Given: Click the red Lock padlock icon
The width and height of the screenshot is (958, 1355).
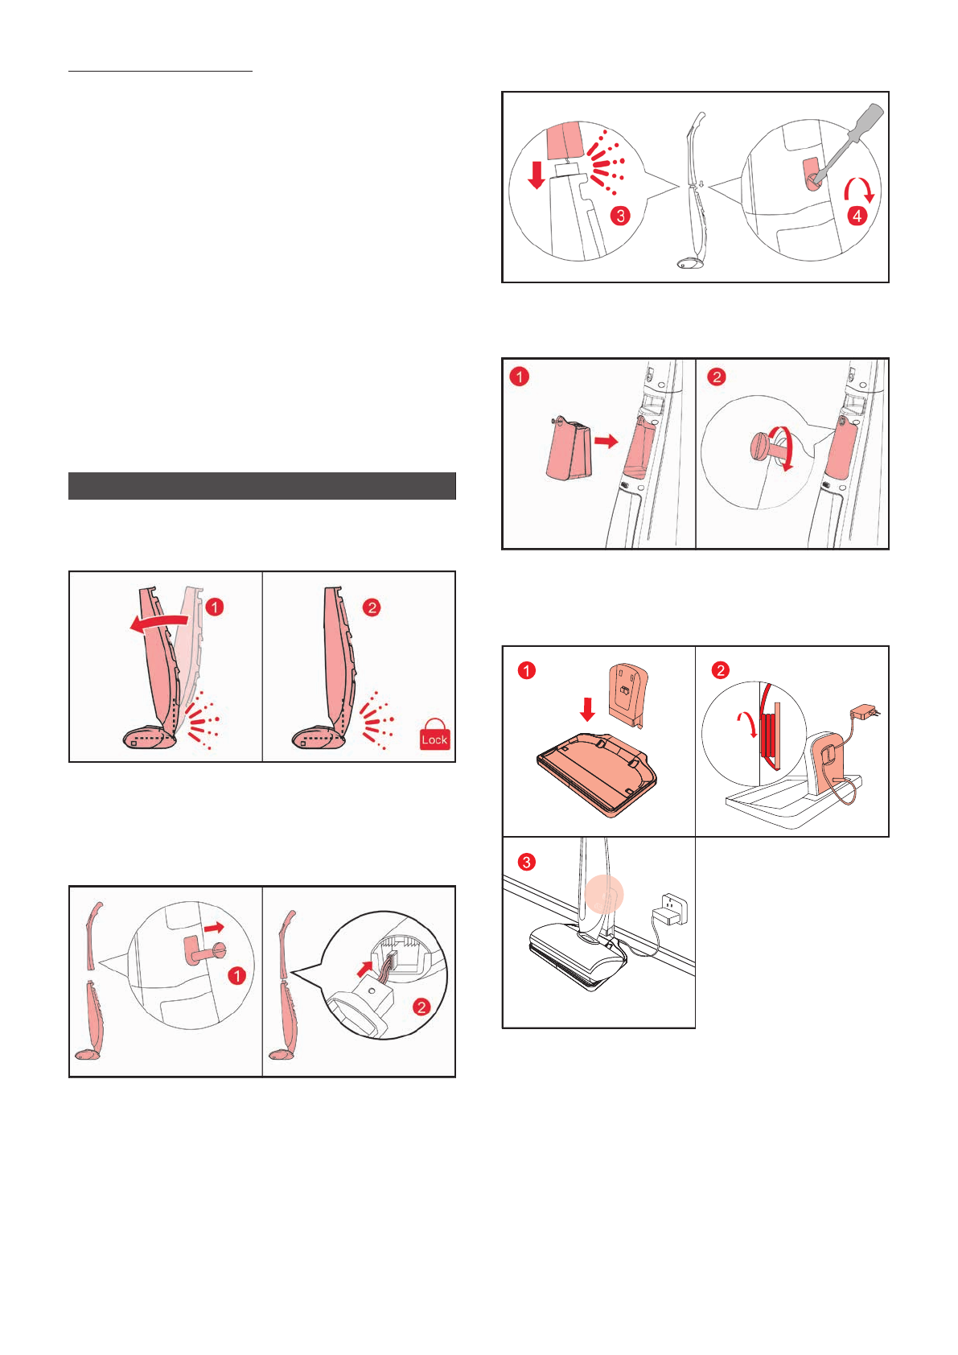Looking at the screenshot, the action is [435, 734].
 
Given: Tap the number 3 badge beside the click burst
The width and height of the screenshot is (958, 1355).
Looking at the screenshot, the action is [620, 216].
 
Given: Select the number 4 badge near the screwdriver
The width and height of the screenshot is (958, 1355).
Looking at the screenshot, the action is [857, 216].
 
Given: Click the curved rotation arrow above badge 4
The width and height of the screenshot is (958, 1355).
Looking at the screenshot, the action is [859, 185].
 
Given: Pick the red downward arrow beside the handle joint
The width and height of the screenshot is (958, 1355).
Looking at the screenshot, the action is [537, 175].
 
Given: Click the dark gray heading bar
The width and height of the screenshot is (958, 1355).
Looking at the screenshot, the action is [262, 486].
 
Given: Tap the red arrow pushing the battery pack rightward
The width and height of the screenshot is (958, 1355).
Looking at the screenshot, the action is [606, 441].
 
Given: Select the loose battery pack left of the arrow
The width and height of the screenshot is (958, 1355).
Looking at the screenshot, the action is [569, 448].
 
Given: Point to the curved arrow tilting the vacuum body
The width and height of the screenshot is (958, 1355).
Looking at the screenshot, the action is [158, 622].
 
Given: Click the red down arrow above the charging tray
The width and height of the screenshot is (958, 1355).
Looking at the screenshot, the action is [587, 709].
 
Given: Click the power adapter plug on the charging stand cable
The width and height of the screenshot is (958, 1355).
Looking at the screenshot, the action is [864, 711].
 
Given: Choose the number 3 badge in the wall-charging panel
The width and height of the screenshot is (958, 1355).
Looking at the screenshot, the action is [526, 862].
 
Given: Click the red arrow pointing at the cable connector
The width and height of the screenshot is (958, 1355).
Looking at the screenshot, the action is [364, 969].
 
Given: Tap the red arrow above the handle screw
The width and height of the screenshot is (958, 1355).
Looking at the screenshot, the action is [213, 927].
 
